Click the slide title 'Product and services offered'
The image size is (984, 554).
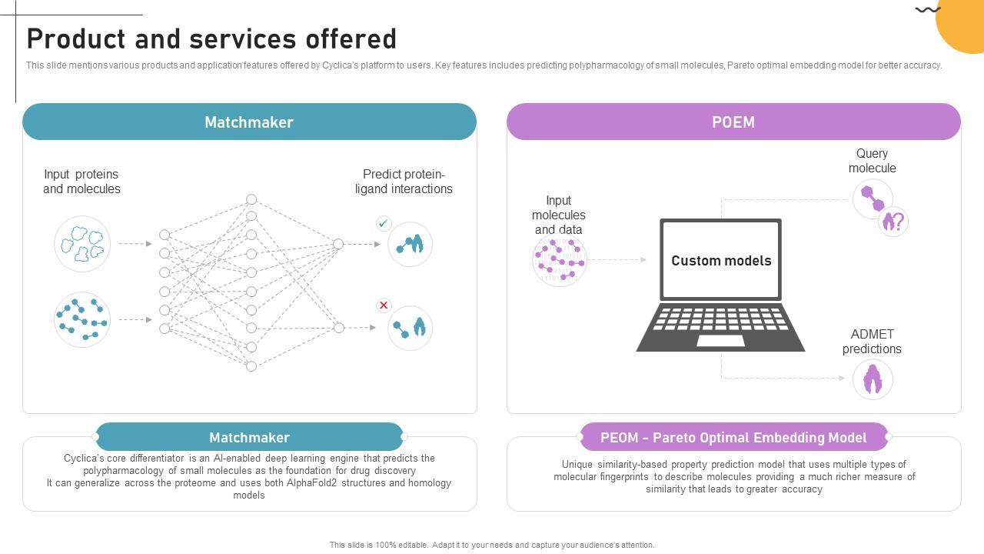pyautogui.click(x=211, y=39)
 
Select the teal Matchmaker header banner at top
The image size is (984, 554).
pyautogui.click(x=249, y=122)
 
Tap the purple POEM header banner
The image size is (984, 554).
pyautogui.click(x=733, y=122)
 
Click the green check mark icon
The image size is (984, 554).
pyautogui.click(x=384, y=223)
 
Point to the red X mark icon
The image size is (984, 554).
pyautogui.click(x=384, y=305)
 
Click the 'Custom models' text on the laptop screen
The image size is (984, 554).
pyautogui.click(x=721, y=261)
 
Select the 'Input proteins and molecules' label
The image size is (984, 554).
pyautogui.click(x=81, y=182)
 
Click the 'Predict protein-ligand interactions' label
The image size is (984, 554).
pyautogui.click(x=404, y=182)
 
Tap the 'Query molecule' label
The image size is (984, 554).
pyautogui.click(x=872, y=161)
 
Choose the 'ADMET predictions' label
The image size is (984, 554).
pyautogui.click(x=872, y=342)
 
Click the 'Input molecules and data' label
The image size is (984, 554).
pyautogui.click(x=559, y=215)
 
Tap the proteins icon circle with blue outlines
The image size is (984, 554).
pyautogui.click(x=82, y=244)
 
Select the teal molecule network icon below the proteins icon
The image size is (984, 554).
pyautogui.click(x=82, y=319)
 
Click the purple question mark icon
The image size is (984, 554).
pyautogui.click(x=893, y=222)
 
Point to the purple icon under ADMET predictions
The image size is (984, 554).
pyautogui.click(x=873, y=379)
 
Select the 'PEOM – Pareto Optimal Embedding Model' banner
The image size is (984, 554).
pyautogui.click(x=733, y=437)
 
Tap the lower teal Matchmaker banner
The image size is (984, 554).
pyautogui.click(x=249, y=437)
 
